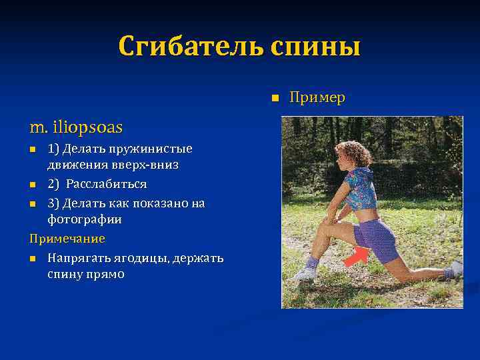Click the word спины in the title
[x=315, y=47]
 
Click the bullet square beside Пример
[x=273, y=99]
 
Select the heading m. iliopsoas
[x=76, y=126]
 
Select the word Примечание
[x=67, y=238]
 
